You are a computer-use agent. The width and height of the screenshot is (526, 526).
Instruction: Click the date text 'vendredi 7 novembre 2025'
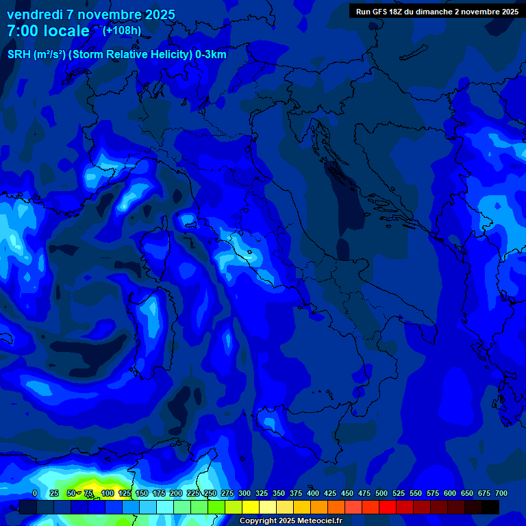click(x=90, y=14)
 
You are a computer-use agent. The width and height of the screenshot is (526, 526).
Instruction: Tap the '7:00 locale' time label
click(x=48, y=31)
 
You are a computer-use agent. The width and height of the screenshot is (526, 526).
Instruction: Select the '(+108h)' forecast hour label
click(x=122, y=30)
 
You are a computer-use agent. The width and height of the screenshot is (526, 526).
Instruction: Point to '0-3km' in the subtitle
click(x=210, y=55)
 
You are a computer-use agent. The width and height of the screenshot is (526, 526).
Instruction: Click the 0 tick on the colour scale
click(x=35, y=493)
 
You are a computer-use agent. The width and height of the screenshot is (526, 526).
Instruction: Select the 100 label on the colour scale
click(x=108, y=493)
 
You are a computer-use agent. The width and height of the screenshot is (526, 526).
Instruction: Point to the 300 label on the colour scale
click(x=245, y=493)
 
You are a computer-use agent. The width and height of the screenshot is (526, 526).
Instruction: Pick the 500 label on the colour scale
click(x=381, y=493)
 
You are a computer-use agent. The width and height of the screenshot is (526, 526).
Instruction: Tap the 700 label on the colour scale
click(x=501, y=493)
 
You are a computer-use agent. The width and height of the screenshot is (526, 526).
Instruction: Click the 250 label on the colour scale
click(x=210, y=493)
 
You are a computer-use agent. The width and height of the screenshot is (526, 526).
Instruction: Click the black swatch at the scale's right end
click(x=490, y=507)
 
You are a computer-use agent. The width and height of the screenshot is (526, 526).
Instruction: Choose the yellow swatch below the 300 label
click(x=251, y=507)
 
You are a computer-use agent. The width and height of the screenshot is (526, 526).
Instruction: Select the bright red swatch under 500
click(x=388, y=507)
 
